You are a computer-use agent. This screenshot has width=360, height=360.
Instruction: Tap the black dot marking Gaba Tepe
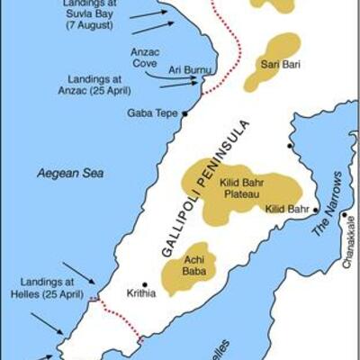pos(184,113)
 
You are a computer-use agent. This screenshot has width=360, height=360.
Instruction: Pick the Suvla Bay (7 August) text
pos(96,14)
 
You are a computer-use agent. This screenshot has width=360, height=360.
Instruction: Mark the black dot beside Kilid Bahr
pos(315,208)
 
